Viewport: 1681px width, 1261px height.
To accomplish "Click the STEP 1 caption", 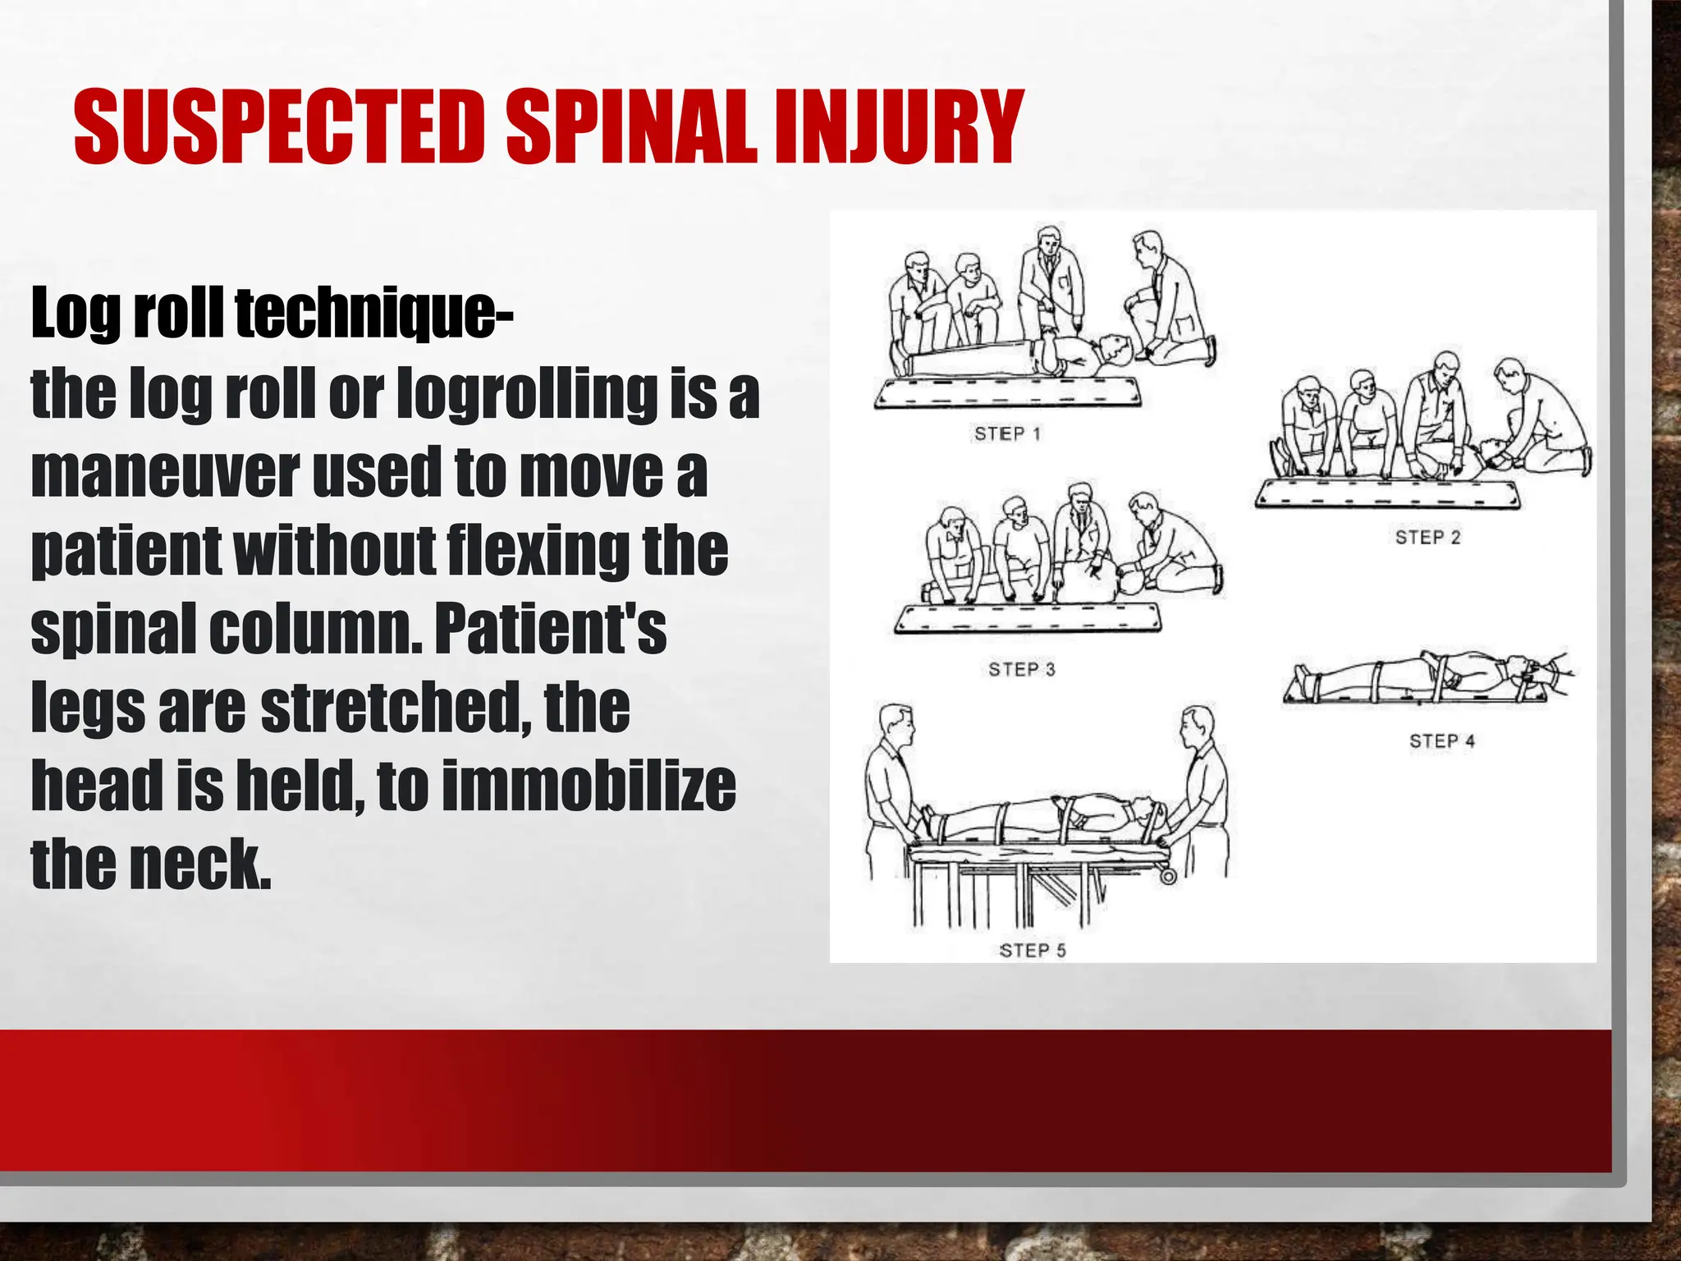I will pos(1007,433).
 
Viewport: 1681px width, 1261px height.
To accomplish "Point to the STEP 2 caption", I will pos(1428,538).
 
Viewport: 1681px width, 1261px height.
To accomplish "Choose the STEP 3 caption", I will pos(1022,669).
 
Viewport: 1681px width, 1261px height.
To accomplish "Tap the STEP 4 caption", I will pos(1442,741).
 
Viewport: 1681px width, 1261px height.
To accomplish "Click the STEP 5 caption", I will pos(1033,950).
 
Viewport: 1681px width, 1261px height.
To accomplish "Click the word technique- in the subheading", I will pos(374,314).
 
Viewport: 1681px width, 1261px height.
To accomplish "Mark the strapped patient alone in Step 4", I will pos(1424,678).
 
